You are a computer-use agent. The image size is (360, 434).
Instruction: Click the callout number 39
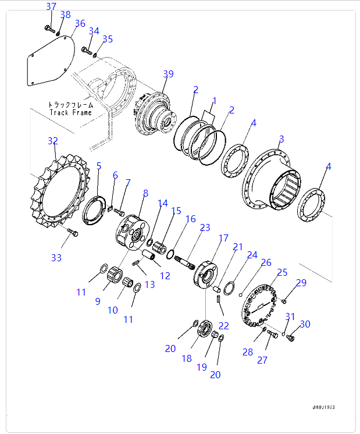click(168, 74)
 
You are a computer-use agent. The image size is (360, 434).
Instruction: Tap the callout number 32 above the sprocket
click(53, 141)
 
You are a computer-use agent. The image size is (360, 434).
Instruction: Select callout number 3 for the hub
click(281, 139)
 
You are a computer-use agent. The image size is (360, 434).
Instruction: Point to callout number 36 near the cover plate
click(80, 24)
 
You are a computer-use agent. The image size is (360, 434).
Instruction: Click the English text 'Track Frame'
click(70, 112)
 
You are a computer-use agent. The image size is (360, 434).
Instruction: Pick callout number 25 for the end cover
click(282, 272)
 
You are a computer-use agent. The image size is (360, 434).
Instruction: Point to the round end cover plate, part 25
click(261, 303)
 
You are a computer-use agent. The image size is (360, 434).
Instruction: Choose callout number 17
click(223, 238)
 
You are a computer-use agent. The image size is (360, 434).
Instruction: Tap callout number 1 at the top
click(213, 101)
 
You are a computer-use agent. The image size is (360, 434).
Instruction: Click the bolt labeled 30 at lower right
click(291, 337)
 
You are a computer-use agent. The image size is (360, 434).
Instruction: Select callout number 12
click(165, 275)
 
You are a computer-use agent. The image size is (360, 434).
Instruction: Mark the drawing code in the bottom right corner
click(323, 408)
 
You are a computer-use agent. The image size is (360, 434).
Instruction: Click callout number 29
click(300, 283)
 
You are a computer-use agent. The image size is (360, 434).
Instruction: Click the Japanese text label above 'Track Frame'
click(70, 105)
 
